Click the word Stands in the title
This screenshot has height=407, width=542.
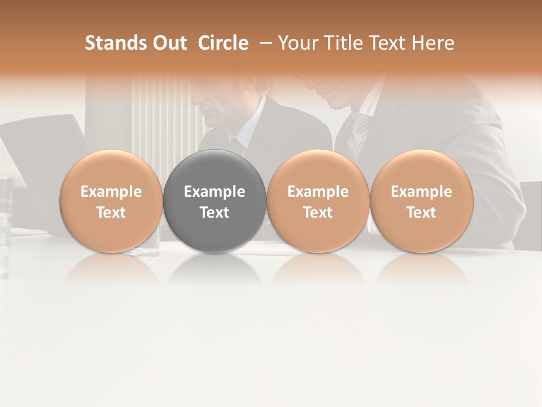pos(115,43)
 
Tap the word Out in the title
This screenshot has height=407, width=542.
pos(168,43)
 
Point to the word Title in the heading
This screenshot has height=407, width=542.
pos(342,43)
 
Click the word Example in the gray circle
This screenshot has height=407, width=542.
pos(215,192)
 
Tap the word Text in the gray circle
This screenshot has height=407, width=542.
pos(215,213)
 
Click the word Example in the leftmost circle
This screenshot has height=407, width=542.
pos(111,192)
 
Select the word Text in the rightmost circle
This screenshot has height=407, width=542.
pos(422,213)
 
